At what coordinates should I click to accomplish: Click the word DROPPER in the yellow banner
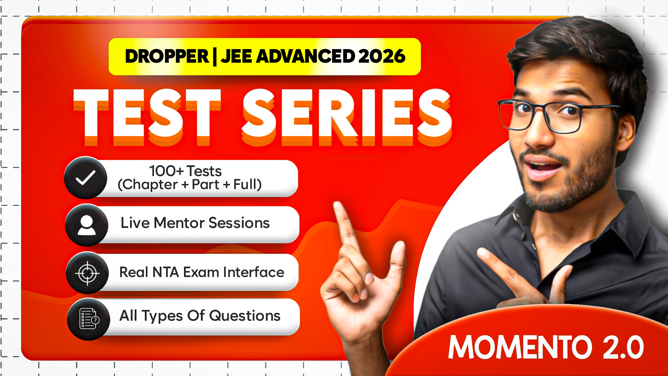(x=167, y=56)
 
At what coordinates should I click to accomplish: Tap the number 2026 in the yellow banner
(x=381, y=56)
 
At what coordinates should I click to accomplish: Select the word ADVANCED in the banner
(x=305, y=56)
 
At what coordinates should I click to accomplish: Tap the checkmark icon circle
(x=86, y=178)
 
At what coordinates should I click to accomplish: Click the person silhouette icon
(x=87, y=225)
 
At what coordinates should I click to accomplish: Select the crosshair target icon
(x=87, y=273)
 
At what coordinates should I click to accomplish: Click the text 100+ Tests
(x=185, y=171)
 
